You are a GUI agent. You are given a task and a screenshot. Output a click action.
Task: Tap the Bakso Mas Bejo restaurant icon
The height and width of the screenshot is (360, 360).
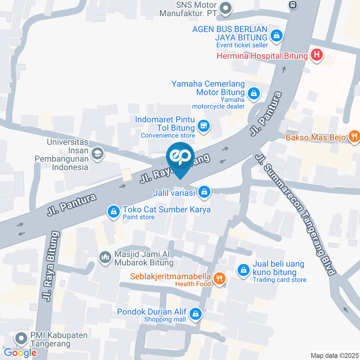[x=354, y=136]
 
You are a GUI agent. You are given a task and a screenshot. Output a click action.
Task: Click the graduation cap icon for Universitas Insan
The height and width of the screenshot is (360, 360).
[x=97, y=154]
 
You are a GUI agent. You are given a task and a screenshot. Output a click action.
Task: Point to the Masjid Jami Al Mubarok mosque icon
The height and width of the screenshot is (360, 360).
[x=104, y=257]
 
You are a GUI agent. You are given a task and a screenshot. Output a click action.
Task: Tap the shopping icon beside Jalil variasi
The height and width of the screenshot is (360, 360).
[x=204, y=192]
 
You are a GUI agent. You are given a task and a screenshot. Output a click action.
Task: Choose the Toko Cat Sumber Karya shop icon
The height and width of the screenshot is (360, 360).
[x=113, y=211]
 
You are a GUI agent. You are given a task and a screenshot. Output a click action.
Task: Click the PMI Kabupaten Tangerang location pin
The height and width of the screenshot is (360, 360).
[x=21, y=339]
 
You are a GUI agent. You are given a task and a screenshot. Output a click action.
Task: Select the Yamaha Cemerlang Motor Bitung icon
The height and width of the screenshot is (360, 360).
[x=254, y=93]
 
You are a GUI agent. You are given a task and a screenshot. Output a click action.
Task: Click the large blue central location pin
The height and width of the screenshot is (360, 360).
[x=180, y=157]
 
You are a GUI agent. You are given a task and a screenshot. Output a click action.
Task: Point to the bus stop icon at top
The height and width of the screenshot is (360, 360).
[x=292, y=5]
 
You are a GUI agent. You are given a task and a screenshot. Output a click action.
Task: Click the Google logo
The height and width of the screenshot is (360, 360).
[x=20, y=352]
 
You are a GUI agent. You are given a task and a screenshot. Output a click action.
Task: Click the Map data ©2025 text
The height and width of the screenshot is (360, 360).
[x=334, y=355]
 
